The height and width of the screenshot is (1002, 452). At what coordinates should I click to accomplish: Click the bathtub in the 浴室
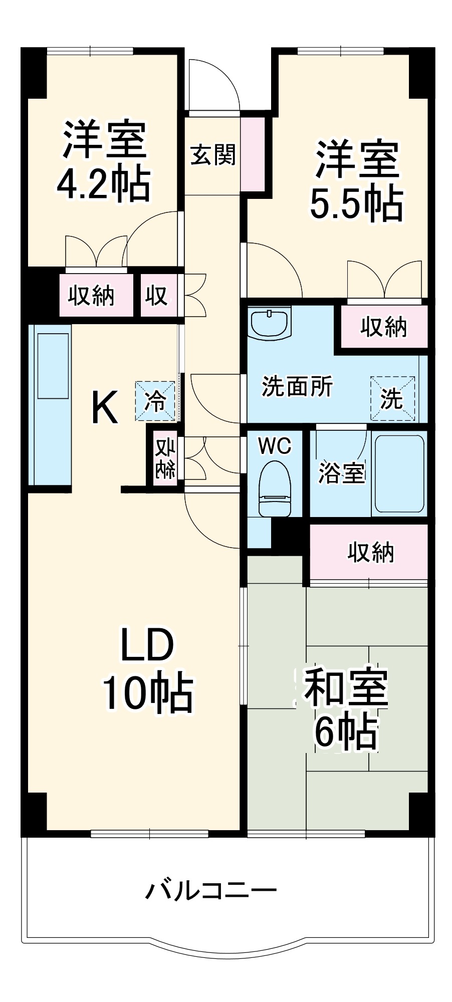399,473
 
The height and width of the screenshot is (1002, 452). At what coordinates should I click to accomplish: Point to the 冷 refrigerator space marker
155,401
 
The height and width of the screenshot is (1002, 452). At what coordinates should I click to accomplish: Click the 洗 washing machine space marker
392,398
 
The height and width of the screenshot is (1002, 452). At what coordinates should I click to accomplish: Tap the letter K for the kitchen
105,407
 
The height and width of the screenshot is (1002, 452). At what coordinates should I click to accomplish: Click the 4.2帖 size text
103,184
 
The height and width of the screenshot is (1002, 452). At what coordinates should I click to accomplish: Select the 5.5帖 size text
356,203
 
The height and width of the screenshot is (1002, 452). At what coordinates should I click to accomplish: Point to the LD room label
147,645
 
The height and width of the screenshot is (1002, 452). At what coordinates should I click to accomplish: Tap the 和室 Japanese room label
346,686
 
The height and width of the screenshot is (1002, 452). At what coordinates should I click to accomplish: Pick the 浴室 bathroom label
341,472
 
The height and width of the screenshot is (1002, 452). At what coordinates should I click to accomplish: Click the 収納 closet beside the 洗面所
384,327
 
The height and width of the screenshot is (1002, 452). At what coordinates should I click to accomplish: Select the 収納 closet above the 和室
370,552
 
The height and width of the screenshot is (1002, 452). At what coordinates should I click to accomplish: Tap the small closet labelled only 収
156,296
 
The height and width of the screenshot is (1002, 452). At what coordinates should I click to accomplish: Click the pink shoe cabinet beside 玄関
254,154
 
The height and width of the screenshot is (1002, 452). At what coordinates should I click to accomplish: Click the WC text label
275,445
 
